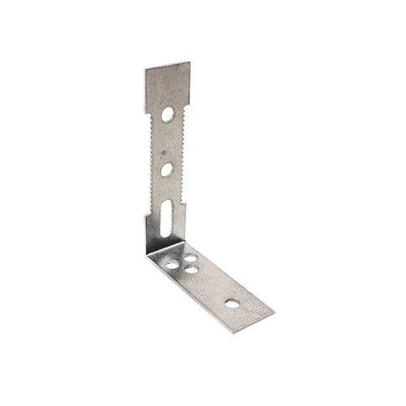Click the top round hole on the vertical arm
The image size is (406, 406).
(167, 114)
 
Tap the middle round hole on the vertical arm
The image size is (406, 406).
(166, 170)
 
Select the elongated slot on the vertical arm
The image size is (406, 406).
(166, 218)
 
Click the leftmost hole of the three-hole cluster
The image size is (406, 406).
(172, 264)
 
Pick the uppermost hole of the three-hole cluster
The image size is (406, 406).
(190, 259)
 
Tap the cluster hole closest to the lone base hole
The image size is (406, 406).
(192, 269)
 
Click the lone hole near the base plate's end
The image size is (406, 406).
(232, 302)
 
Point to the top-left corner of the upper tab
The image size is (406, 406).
(145, 67)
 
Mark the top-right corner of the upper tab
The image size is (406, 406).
(190, 62)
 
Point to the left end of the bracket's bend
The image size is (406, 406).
(147, 253)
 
